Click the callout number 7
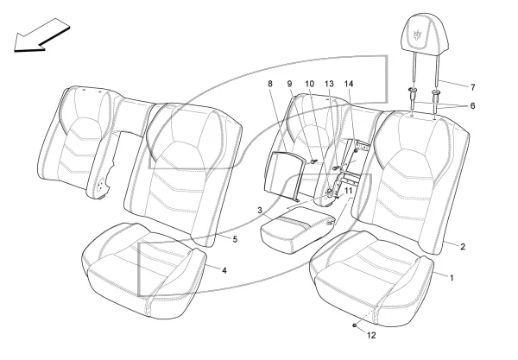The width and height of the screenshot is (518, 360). [x=473, y=87]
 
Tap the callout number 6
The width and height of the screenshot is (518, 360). [x=472, y=106]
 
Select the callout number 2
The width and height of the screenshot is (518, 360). [x=463, y=246]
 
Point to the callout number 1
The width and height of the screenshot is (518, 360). [x=452, y=278]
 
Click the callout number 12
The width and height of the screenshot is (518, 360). [x=371, y=335]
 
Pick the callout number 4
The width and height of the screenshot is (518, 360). [x=224, y=270]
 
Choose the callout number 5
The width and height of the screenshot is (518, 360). [x=235, y=239]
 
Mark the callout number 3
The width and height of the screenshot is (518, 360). [x=260, y=210]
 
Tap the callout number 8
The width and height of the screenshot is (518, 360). [x=270, y=84]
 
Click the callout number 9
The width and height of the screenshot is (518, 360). [x=290, y=84]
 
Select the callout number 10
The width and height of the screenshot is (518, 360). [x=310, y=84]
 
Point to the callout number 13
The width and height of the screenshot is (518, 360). [x=330, y=84]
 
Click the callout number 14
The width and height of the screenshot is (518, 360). [x=349, y=84]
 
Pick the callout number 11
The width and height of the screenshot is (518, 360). [x=349, y=191]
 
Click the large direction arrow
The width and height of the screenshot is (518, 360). [x=41, y=35]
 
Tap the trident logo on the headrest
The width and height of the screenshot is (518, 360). [x=419, y=34]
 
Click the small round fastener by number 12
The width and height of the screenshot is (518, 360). [x=354, y=325]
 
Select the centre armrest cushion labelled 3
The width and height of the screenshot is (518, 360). [x=298, y=230]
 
